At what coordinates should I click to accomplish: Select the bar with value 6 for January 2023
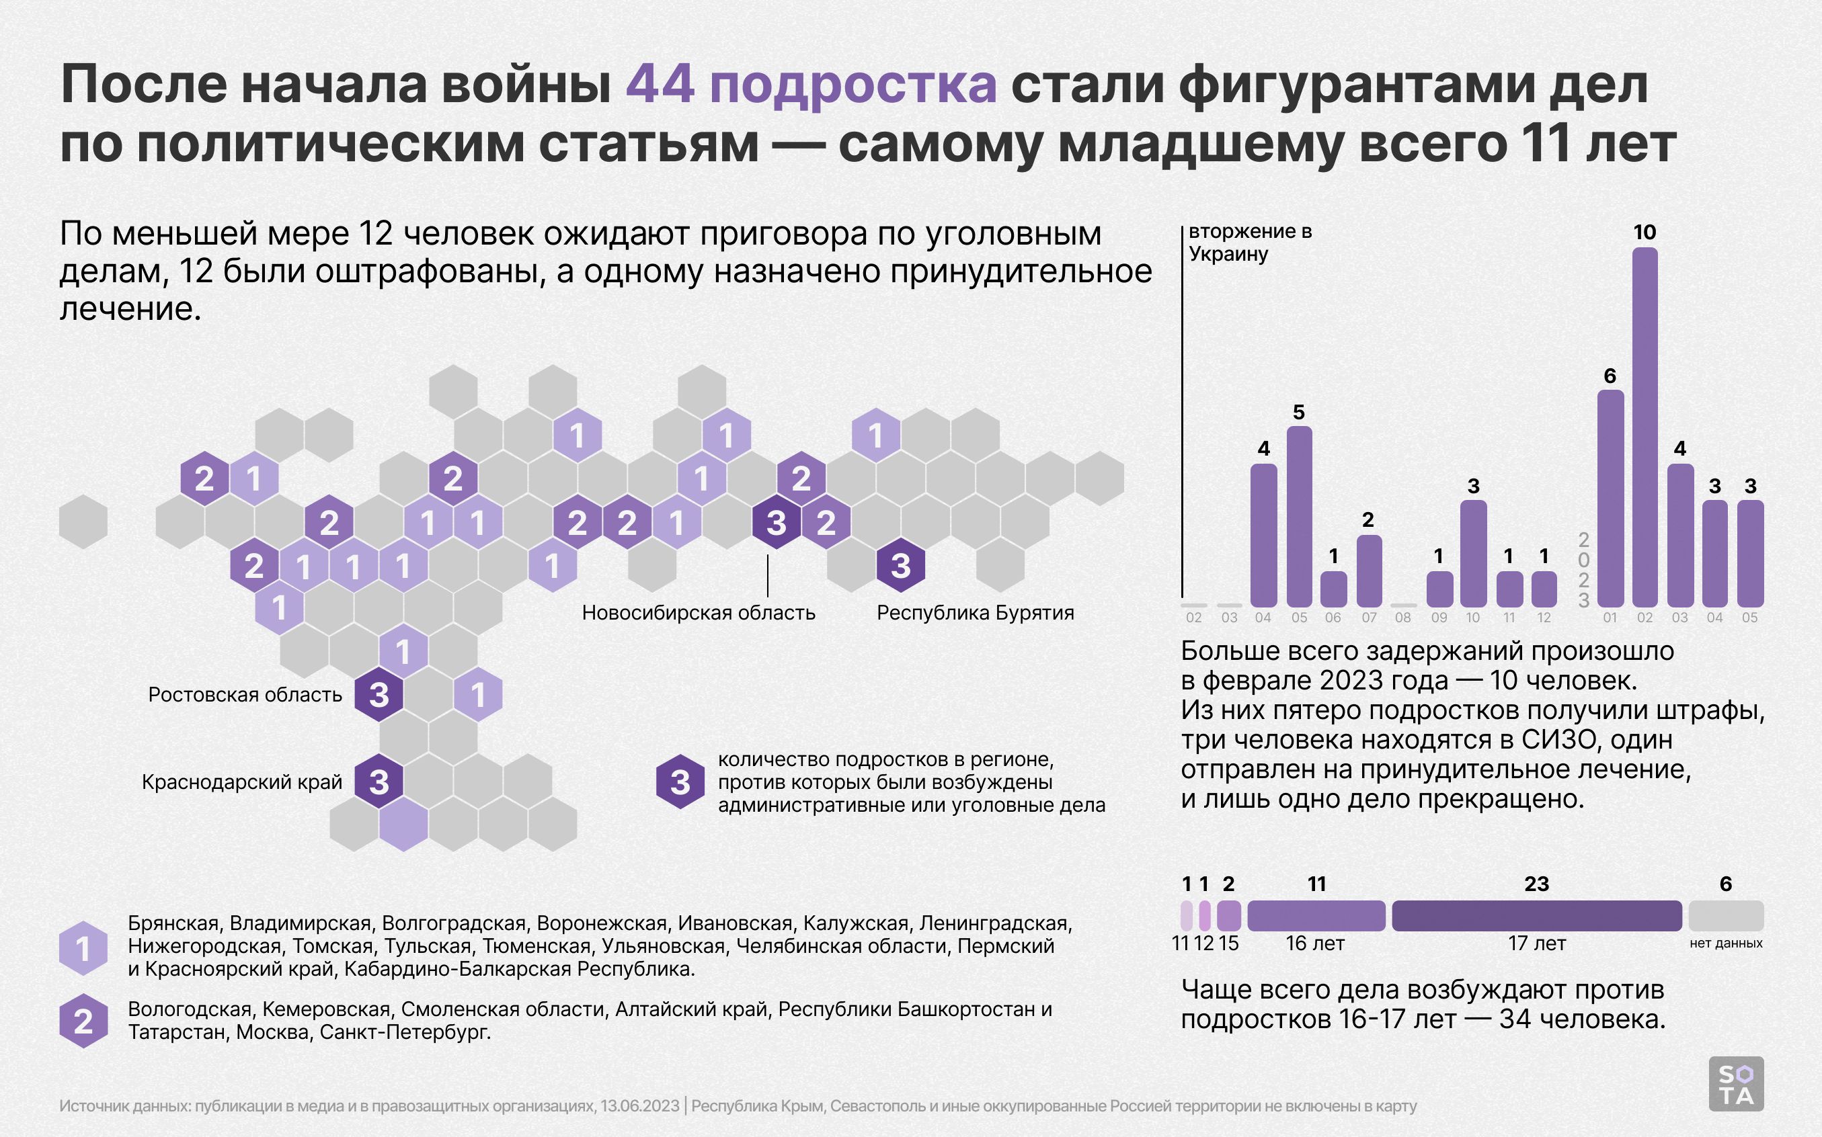(1610, 498)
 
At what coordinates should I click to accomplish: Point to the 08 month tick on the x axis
(1403, 618)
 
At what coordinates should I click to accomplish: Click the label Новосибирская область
(698, 613)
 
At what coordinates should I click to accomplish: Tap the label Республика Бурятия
(975, 613)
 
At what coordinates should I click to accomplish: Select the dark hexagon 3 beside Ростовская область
(379, 694)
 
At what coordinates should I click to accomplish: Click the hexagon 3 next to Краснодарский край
(379, 782)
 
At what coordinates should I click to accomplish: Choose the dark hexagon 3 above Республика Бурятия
(900, 564)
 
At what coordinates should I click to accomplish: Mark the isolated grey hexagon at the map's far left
(83, 521)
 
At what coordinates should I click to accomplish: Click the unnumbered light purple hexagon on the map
(403, 824)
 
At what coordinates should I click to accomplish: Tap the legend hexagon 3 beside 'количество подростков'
(680, 782)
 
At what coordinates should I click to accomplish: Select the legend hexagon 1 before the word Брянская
(83, 947)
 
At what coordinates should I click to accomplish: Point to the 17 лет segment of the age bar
(1536, 916)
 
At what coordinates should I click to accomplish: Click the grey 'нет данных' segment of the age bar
(1726, 916)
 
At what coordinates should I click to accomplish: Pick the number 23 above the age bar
(1536, 884)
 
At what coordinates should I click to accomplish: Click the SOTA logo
(1735, 1084)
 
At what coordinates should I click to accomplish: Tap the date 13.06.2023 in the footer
(639, 1106)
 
